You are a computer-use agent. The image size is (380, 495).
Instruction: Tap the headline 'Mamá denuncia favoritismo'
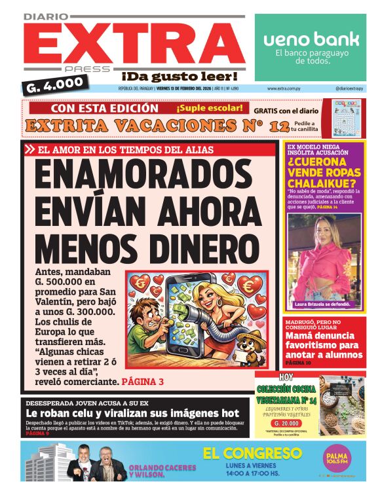pyautogui.click(x=323, y=345)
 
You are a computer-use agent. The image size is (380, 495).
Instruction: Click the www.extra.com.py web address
pyautogui.click(x=284, y=88)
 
